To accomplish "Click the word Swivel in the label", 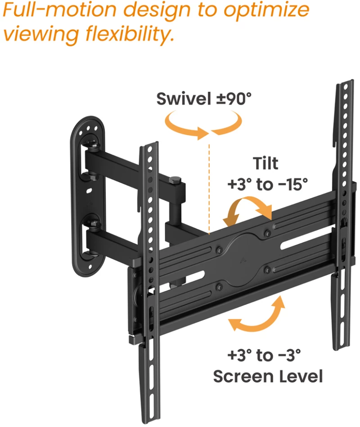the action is point(184,99).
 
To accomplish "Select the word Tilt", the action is point(265,163).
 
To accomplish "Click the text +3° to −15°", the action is point(267,184).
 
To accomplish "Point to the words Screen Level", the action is point(268,377).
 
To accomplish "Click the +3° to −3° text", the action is point(264,355).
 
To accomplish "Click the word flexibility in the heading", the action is point(130,34).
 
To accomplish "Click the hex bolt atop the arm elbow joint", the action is point(175,180).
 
